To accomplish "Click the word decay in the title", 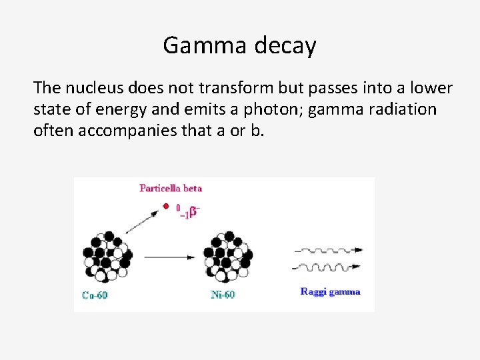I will [285, 46].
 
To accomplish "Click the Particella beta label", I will [170, 188].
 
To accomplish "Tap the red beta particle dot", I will [166, 207].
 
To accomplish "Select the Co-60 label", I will [95, 295].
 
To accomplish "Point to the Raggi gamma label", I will [330, 291].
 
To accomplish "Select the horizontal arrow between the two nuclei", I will [168, 256].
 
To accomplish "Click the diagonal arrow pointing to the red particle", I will [143, 221].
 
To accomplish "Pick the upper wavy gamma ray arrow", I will [328, 251].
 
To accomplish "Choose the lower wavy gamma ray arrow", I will [328, 268].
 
